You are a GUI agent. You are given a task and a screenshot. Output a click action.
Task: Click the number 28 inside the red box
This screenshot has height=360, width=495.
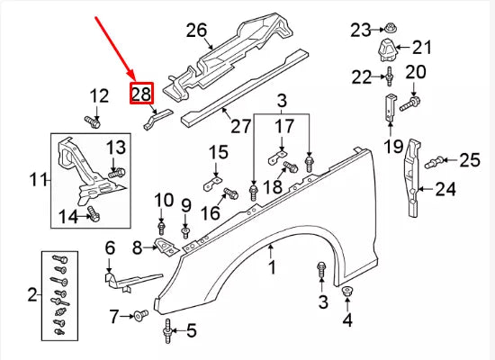click(142, 94)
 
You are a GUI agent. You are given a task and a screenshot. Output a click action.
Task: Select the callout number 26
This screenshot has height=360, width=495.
click(196, 31)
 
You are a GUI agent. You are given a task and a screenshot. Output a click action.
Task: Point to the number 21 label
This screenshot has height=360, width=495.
click(422, 47)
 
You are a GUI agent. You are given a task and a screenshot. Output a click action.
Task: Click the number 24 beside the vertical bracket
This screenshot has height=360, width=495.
click(446, 189)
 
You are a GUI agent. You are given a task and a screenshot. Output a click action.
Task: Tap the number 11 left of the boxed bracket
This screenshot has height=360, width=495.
click(37, 180)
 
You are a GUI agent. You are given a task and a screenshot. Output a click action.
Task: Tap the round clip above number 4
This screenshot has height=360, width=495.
click(349, 294)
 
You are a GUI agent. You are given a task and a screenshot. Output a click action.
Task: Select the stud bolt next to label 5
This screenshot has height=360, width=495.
click(168, 330)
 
